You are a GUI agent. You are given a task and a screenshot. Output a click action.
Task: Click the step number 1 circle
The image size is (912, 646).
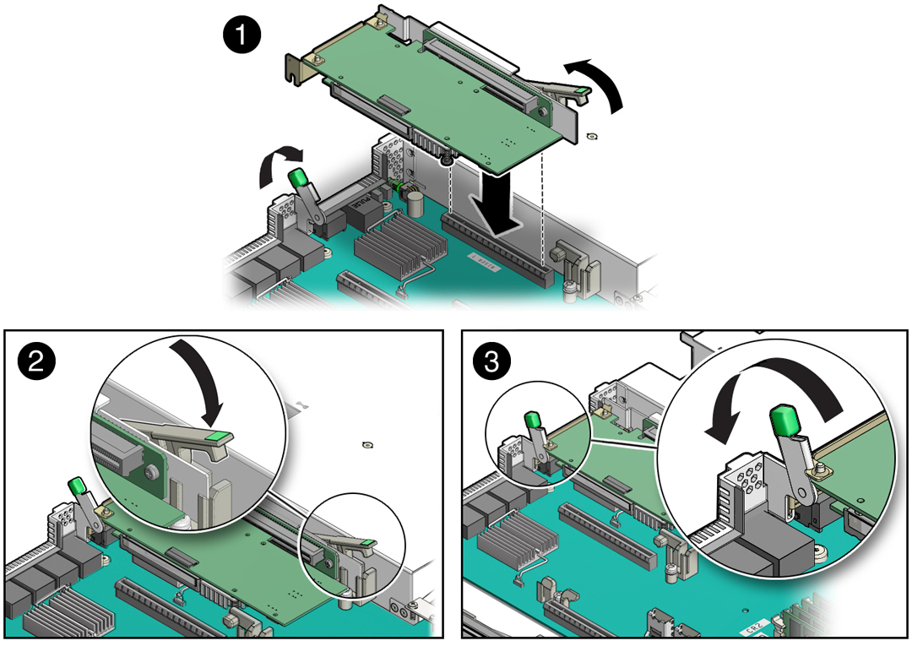241,38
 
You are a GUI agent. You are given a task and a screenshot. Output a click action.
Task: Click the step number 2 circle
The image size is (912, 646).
36,362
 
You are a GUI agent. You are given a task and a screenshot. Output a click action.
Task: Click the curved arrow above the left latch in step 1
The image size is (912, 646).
278,163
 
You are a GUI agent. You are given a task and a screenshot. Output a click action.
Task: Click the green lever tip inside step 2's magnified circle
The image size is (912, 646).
219,437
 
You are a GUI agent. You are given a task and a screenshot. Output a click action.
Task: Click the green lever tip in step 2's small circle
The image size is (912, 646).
368,543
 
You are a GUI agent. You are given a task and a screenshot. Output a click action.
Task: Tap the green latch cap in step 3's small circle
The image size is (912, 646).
532,420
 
